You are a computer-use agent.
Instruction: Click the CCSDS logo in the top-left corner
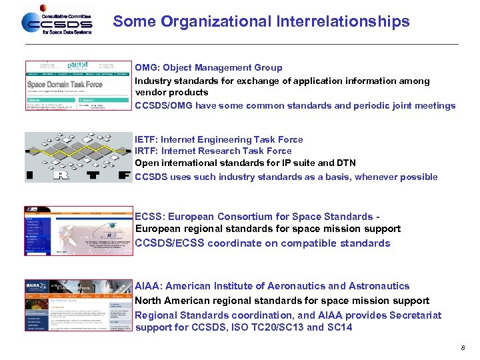(56, 22)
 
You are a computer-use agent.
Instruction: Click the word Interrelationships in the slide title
(341, 22)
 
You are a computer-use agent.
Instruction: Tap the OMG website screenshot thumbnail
(78, 86)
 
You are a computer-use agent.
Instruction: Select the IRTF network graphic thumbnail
(78, 157)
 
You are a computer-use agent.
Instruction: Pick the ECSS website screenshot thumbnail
(78, 231)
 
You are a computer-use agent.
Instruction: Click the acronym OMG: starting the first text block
(147, 68)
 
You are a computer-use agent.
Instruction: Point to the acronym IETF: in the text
(146, 140)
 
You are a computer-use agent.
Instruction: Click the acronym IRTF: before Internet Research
(146, 151)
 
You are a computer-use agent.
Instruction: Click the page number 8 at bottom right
(461, 348)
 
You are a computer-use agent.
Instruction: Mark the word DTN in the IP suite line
(347, 163)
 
